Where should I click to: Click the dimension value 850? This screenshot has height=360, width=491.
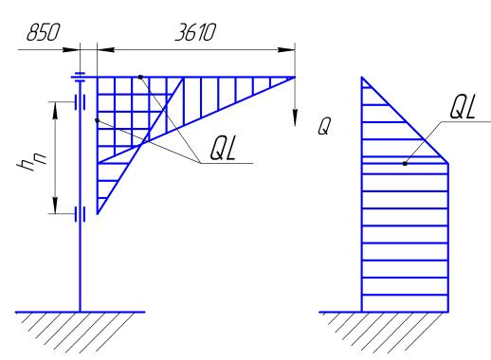pyautogui.click(x=43, y=32)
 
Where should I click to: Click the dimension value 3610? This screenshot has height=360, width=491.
pyautogui.click(x=195, y=32)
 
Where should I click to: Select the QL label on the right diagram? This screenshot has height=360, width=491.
pyautogui.click(x=463, y=107)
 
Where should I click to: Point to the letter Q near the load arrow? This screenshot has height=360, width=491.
pyautogui.click(x=324, y=126)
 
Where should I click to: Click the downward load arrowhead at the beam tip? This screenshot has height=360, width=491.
pyautogui.click(x=295, y=117)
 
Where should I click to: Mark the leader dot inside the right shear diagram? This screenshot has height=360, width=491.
pyautogui.click(x=405, y=164)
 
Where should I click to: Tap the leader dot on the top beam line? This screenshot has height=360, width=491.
pyautogui.click(x=140, y=77)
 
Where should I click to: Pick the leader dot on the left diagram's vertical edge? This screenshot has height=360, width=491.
pyautogui.click(x=97, y=120)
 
